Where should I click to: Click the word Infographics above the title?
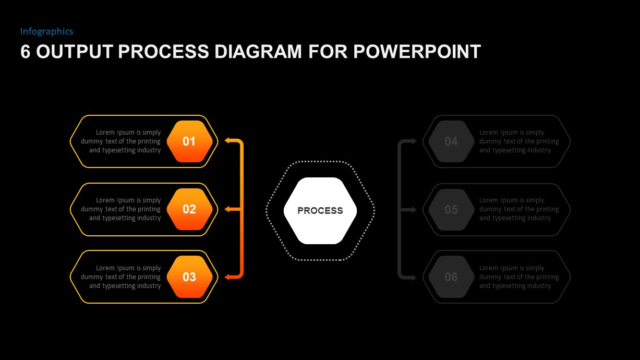[46, 31]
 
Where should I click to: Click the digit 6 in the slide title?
[25, 52]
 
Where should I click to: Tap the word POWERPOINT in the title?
[417, 52]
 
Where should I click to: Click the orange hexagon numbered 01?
[189, 141]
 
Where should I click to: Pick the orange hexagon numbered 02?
[189, 209]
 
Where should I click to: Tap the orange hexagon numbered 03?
[189, 277]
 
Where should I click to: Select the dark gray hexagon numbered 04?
[451, 141]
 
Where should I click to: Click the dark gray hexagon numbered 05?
[451, 209]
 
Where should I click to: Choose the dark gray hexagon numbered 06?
[451, 277]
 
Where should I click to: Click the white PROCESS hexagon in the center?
[320, 211]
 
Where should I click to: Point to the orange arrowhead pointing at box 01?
[227, 140]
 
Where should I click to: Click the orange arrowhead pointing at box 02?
[227, 209]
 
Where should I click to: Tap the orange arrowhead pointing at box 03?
[227, 277]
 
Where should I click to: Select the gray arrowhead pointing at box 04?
[414, 141]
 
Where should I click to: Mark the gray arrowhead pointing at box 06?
[414, 277]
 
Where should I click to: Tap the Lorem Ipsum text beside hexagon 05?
[518, 209]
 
